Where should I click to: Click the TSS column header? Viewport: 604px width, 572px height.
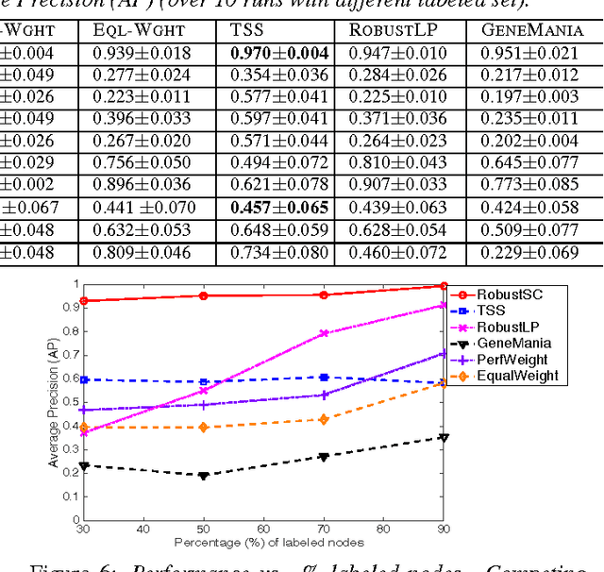click(x=248, y=30)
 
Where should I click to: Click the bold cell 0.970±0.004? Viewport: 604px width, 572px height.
click(x=279, y=53)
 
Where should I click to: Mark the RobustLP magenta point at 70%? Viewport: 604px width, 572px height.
click(x=325, y=333)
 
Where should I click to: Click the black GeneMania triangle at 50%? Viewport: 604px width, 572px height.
click(x=203, y=476)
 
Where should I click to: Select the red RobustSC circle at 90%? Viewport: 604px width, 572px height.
click(x=444, y=286)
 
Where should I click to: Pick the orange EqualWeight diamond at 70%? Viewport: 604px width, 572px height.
click(x=325, y=419)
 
